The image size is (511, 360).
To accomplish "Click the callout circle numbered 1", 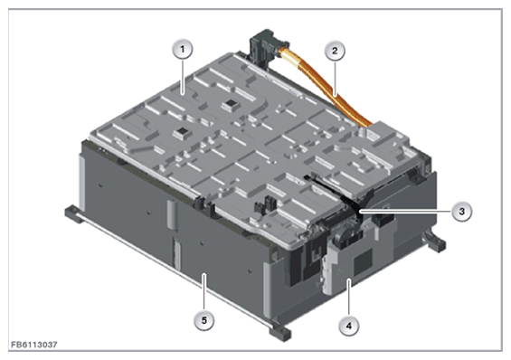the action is pyautogui.click(x=182, y=50).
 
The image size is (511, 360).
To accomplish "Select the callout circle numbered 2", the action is pyautogui.click(x=335, y=51).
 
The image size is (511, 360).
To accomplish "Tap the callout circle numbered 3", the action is pyautogui.click(x=461, y=212).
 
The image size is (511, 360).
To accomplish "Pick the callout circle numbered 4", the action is pyautogui.click(x=349, y=326).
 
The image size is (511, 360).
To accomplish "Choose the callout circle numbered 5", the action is pyautogui.click(x=204, y=320).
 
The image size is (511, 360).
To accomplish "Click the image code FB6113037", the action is pyautogui.click(x=34, y=345).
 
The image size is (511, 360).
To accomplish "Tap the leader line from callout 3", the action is pyautogui.click(x=405, y=212).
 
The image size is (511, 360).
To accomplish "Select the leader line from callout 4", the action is pyautogui.click(x=349, y=298).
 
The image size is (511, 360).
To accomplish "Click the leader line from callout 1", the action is pyautogui.click(x=182, y=77).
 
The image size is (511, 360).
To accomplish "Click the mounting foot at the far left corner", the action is pyautogui.click(x=74, y=213).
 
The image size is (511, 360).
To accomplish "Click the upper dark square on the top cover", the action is pyautogui.click(x=231, y=105).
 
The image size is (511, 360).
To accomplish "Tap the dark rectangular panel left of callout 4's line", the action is pyautogui.click(x=363, y=261).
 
